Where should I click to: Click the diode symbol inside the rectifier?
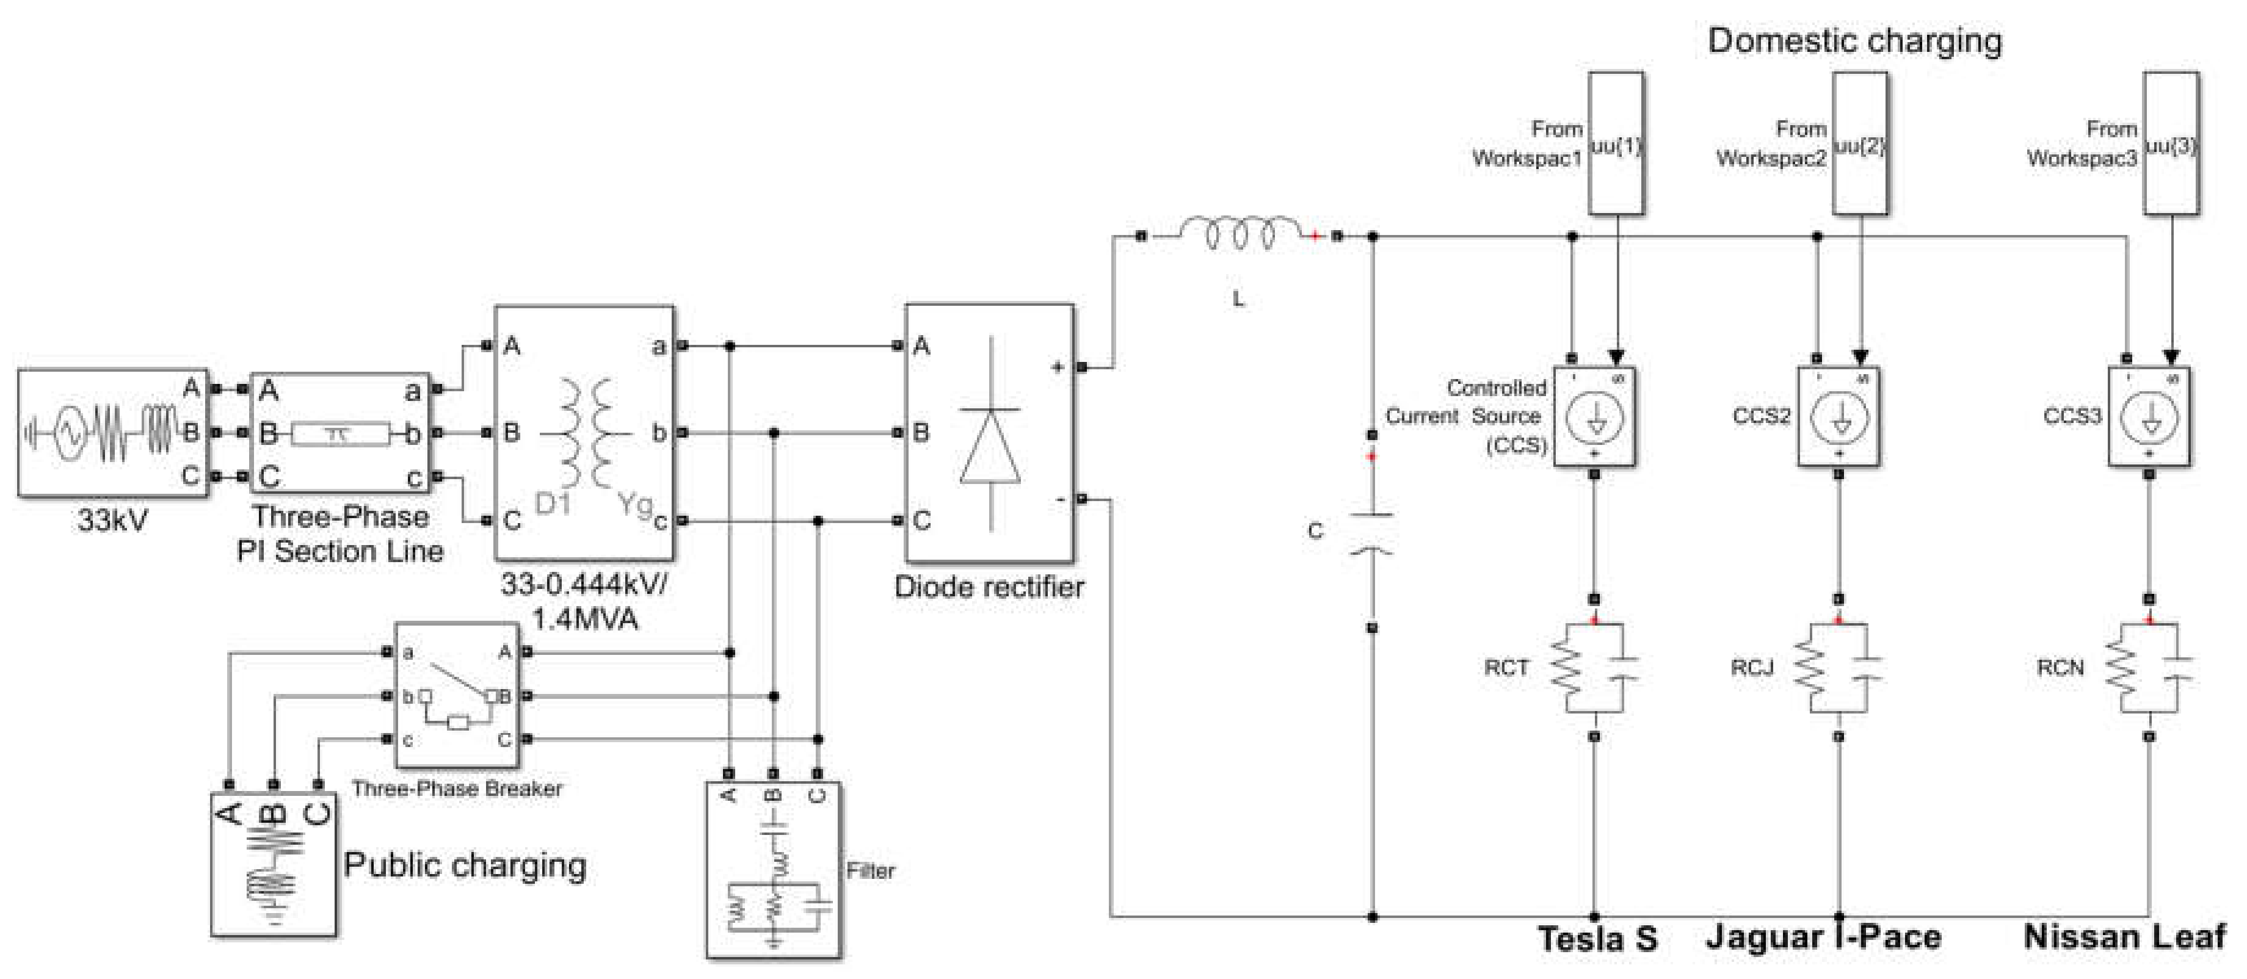point(990,444)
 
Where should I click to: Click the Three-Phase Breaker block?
point(457,695)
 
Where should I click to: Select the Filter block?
point(774,869)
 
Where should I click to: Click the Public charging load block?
point(273,863)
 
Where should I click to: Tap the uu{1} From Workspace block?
point(1616,144)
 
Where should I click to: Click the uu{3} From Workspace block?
point(2171,144)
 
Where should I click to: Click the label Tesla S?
point(1596,939)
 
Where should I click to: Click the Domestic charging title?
point(1854,41)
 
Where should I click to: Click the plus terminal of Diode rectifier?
point(1081,367)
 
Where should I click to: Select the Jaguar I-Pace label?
point(1823,937)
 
